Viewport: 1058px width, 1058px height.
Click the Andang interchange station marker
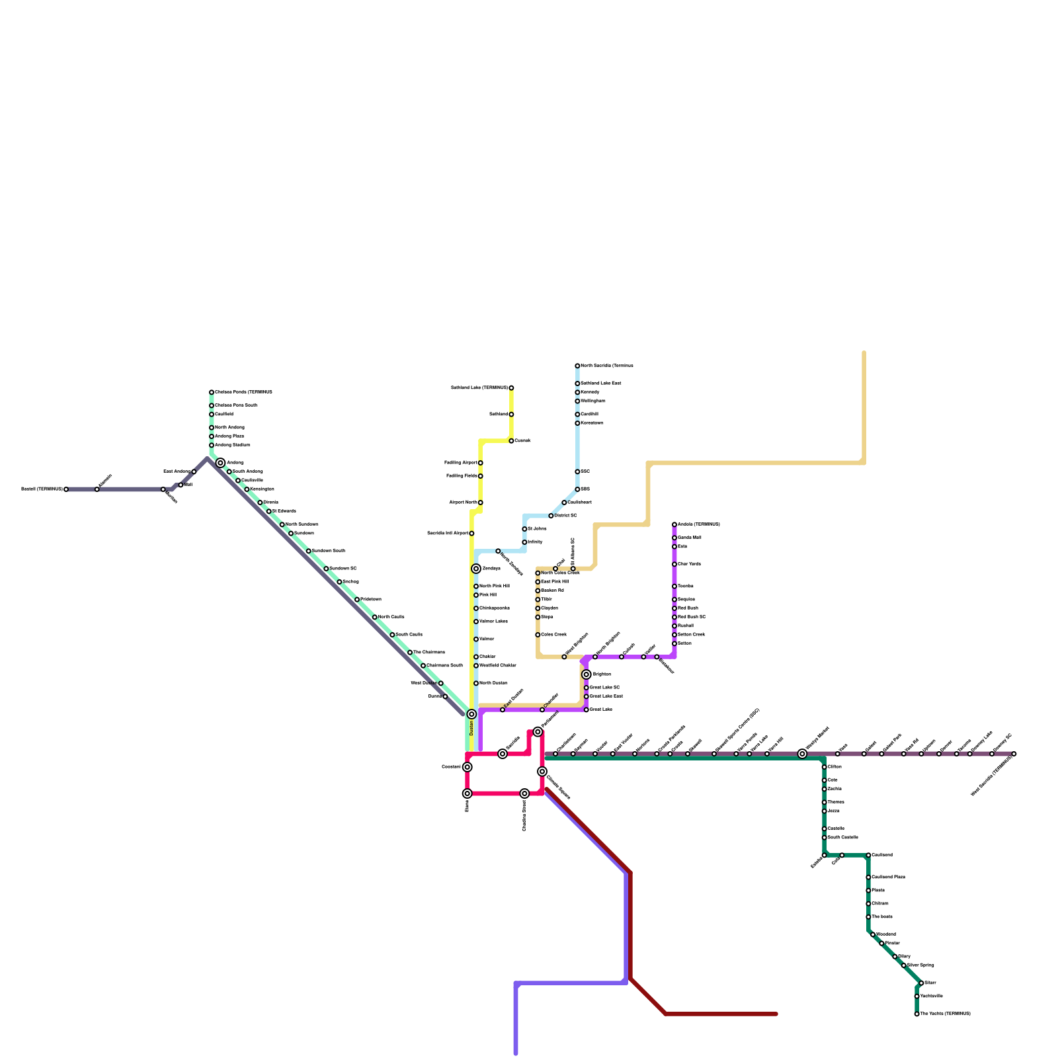(220, 463)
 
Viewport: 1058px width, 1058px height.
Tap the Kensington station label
(262, 489)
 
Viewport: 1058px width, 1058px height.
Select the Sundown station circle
(291, 534)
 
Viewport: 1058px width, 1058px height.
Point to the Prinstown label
(370, 600)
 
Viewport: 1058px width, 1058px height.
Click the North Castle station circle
(375, 617)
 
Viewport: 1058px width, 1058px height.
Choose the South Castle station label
(409, 635)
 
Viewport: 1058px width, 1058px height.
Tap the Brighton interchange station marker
(587, 674)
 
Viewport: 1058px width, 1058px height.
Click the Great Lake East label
(606, 696)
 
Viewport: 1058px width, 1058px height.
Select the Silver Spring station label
(920, 965)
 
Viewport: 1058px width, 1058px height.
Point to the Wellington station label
(592, 401)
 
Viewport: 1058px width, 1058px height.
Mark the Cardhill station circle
(577, 415)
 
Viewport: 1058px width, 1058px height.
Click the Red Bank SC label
(692, 617)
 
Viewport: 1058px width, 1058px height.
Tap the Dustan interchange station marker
(471, 714)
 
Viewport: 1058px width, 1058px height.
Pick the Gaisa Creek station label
(553, 635)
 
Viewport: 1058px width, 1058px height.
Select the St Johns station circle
(524, 529)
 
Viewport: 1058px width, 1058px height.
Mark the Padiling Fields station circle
(481, 476)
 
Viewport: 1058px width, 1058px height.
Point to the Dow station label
(833, 780)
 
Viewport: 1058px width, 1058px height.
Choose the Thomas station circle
(825, 802)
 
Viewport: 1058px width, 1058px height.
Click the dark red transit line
(630, 926)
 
